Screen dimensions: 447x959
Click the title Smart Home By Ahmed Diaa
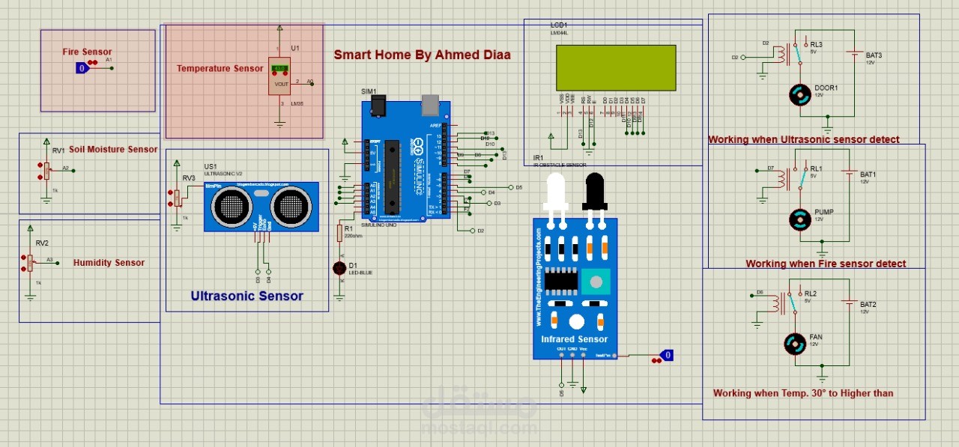421,55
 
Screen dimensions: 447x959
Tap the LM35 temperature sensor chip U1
279,76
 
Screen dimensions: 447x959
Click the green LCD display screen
616,67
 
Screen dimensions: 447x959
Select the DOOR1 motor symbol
802,94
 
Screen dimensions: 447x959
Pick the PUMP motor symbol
801,219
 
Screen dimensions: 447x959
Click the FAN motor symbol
795,344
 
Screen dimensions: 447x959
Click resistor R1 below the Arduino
339,233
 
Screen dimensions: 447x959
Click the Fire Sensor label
87,52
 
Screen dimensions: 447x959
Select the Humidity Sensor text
109,263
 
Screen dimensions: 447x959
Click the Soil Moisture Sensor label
113,149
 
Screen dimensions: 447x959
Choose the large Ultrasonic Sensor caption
246,296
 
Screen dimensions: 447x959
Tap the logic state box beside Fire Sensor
82,68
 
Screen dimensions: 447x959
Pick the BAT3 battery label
874,55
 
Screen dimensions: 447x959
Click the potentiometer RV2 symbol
31,261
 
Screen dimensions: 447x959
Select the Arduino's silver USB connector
430,103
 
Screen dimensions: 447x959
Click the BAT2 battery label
868,305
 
